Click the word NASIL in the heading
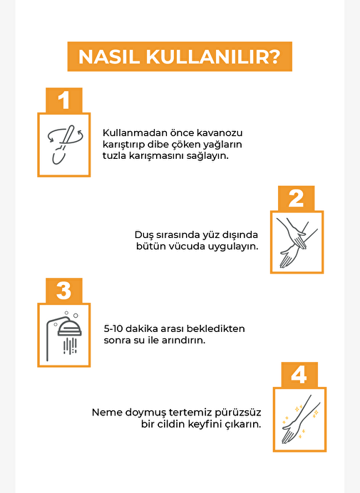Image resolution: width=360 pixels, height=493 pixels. pyautogui.click(x=108, y=57)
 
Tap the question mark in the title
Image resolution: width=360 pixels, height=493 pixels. pyautogui.click(x=274, y=56)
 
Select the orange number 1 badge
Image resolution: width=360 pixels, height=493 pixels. pyautogui.click(x=64, y=100)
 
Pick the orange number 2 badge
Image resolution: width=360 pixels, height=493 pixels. pyautogui.click(x=296, y=198)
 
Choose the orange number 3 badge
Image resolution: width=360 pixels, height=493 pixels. pyautogui.click(x=64, y=291)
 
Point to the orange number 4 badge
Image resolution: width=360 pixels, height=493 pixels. pyautogui.click(x=299, y=375)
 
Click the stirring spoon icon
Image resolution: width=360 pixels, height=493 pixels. pyautogui.click(x=65, y=145)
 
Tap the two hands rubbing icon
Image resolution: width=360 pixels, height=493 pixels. pyautogui.click(x=296, y=243)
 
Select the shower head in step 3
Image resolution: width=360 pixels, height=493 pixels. pyautogui.click(x=70, y=328)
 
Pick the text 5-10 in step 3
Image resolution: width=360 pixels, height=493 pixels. pyautogui.click(x=113, y=329)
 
